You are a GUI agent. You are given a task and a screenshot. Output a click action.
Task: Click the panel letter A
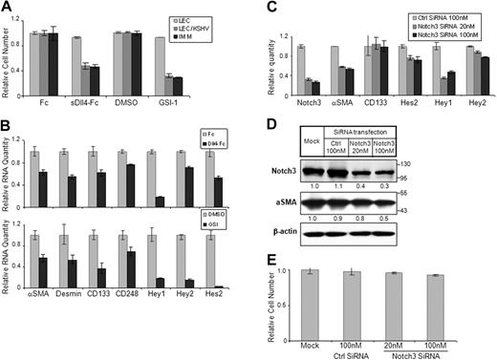8,9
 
